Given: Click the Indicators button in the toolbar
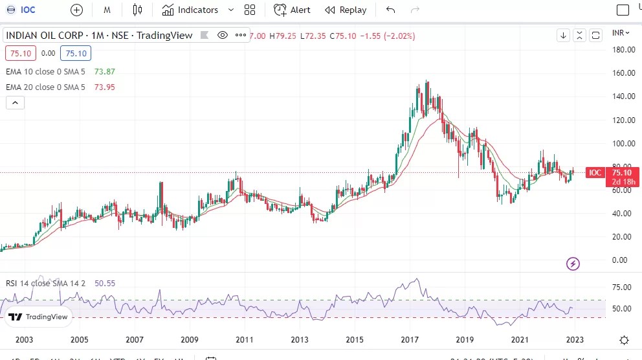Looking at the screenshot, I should [x=190, y=10].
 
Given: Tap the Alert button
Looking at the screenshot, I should [x=292, y=10].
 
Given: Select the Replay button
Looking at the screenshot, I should [x=346, y=10].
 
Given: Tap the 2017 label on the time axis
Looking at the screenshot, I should [x=410, y=339].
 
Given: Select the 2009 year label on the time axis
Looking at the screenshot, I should [x=189, y=339].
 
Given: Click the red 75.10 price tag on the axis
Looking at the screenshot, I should [x=621, y=173].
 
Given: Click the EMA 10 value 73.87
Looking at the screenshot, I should [x=104, y=71].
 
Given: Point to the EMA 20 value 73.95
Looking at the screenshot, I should [x=104, y=87].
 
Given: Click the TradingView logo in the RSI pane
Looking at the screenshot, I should [x=38, y=317].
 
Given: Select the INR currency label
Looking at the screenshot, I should [x=619, y=32].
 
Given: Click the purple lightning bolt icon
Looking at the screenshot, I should [x=573, y=264].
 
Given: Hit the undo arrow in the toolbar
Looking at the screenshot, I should [x=390, y=10].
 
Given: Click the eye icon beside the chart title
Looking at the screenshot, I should [x=223, y=35].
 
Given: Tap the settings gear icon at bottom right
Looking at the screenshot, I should [x=624, y=340].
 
